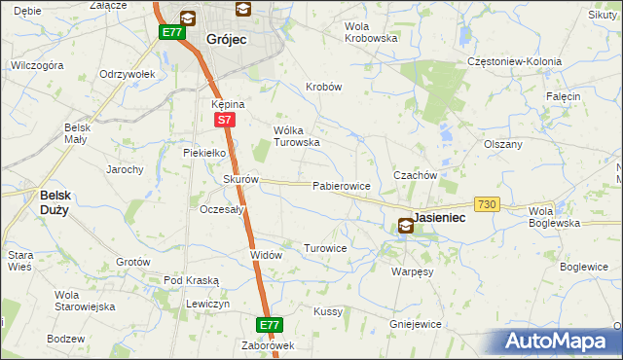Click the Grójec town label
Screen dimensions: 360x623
coord(227,40)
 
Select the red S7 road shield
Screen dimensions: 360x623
coord(224,120)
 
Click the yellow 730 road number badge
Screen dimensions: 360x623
coord(488,203)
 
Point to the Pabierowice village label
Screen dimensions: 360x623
coord(340,185)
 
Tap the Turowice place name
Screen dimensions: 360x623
coord(325,248)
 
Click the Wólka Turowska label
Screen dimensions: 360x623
coord(297,135)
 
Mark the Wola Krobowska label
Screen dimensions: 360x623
coord(371,32)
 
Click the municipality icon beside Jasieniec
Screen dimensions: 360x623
coord(405,226)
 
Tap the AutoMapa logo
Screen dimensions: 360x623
coord(556,342)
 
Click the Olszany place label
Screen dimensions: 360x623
coord(503,144)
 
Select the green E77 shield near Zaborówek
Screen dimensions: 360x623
coord(270,324)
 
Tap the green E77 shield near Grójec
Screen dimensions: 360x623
coord(172,32)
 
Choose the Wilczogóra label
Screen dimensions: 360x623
coord(36,65)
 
